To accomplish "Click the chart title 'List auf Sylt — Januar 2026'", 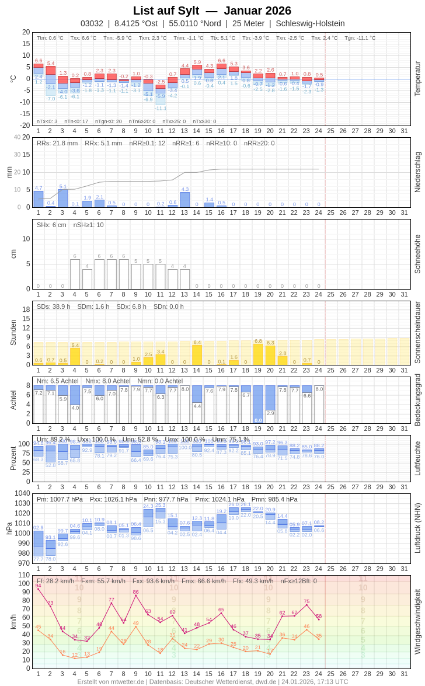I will (x=212, y=11).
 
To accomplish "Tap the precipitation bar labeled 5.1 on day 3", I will (x=62, y=199).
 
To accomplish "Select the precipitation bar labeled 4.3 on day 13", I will (x=185, y=200).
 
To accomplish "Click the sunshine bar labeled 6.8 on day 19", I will (x=258, y=354).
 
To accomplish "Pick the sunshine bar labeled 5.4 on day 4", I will (x=75, y=356).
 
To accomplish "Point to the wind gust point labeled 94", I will (x=38, y=589).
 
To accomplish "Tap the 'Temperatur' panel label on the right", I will (x=417, y=79).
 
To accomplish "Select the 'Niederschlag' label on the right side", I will (x=417, y=172).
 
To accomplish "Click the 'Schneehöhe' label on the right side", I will (x=417, y=254).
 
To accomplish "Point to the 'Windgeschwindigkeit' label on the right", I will (x=417, y=621).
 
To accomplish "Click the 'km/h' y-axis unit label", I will (x=13, y=621).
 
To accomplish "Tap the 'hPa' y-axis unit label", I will (x=9, y=528).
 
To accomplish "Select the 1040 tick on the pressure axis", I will (x=22, y=493).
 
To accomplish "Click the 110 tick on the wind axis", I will (x=24, y=575).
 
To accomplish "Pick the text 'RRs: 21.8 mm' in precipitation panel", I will (x=57, y=143).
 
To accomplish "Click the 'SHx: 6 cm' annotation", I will (x=51, y=225).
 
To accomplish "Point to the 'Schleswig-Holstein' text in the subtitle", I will (x=310, y=23).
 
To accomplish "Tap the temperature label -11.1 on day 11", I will (x=161, y=108).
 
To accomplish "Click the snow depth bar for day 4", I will (x=75, y=274).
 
